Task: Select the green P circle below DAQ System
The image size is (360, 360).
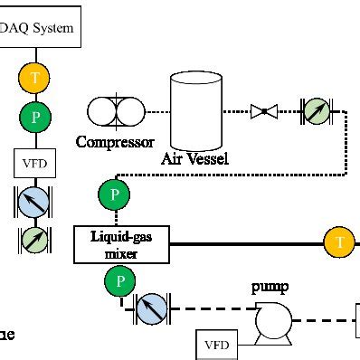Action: (35, 116)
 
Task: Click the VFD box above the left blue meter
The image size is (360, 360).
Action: (35, 164)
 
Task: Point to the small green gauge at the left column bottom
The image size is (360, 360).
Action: (35, 240)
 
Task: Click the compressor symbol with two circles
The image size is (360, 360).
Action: (115, 111)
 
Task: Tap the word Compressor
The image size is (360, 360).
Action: (115, 142)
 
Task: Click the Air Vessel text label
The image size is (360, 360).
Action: (195, 159)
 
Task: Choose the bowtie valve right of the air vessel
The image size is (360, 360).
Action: (265, 111)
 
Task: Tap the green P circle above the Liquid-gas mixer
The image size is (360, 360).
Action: (114, 194)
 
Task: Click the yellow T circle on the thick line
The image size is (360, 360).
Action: (339, 242)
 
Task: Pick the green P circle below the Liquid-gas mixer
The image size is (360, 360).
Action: (118, 284)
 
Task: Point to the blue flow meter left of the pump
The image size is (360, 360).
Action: (151, 308)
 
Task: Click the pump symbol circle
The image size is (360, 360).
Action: (270, 319)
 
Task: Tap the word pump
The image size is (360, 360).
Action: (270, 289)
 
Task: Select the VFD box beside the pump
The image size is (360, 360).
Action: (217, 345)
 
